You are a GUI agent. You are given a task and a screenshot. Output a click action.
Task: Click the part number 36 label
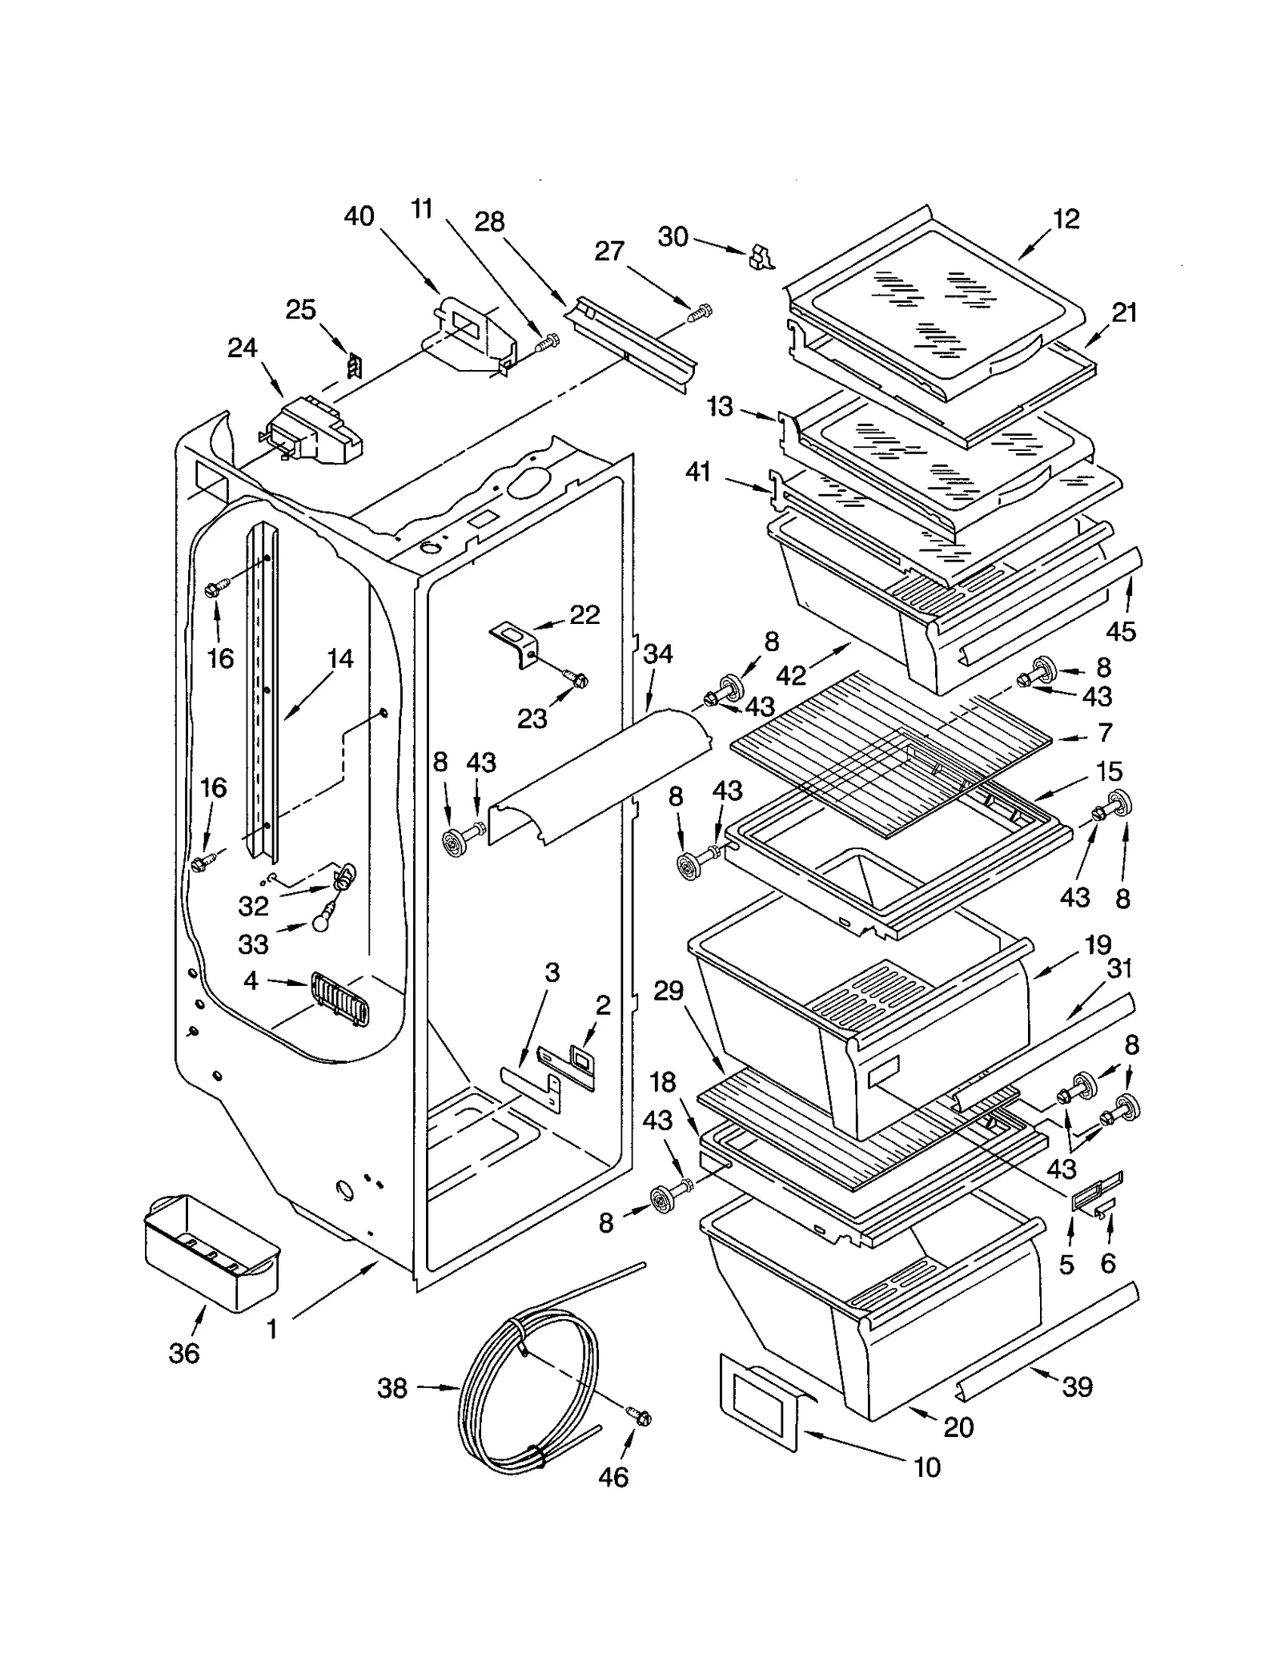(x=183, y=1353)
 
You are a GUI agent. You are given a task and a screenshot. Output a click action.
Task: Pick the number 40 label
(x=359, y=216)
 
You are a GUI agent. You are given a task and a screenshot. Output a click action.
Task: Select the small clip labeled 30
(x=761, y=257)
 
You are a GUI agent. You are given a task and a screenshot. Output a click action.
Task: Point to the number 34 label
(x=658, y=654)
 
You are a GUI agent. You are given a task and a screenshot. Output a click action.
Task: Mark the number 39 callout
(x=1077, y=1386)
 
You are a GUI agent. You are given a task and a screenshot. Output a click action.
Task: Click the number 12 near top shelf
(x=1065, y=219)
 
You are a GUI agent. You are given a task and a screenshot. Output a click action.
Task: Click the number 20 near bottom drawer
(x=958, y=1427)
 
